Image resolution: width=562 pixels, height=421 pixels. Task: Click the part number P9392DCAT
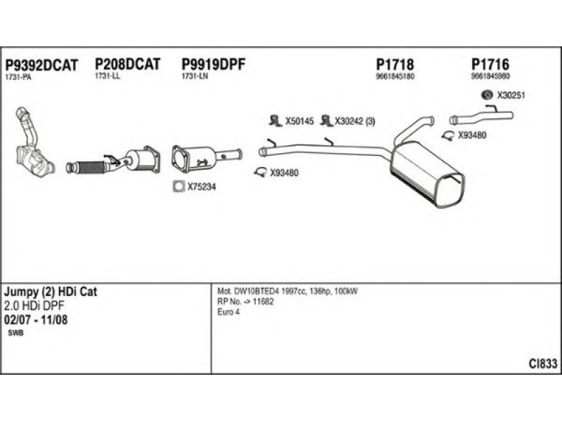pos(41,65)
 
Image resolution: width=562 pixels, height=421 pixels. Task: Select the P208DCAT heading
pos(127,65)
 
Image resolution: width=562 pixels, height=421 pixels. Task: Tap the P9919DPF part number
pos(214,65)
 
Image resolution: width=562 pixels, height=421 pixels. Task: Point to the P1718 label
pos(395,65)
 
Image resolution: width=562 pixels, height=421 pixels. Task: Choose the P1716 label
pos(490,65)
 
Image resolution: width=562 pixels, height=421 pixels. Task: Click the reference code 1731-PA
pos(18,77)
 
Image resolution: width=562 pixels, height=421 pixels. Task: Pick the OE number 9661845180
pos(395,76)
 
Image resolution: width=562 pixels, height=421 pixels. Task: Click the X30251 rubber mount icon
pos(487,95)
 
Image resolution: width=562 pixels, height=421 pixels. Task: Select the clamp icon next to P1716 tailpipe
pos(448,135)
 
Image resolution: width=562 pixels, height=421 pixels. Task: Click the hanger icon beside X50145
pos(275,121)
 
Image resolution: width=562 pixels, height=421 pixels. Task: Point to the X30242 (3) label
pos(355,121)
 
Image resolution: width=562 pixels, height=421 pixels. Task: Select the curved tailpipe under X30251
pos(481,116)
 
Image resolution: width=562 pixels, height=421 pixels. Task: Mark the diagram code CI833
pos(543,363)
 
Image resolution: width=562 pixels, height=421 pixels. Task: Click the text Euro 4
pos(228,312)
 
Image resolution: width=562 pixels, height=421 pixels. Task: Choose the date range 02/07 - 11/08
pos(36,320)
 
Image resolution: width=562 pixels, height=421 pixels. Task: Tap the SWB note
pos(15,333)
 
